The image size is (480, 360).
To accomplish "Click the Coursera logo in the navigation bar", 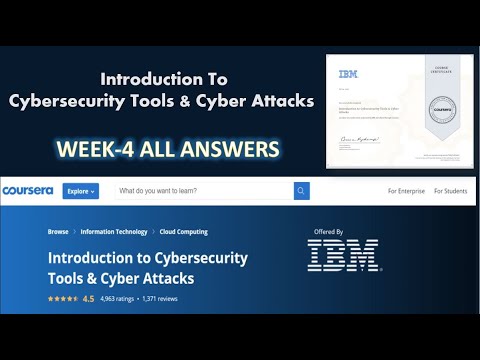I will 30,190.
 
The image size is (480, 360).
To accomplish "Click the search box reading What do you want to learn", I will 200,190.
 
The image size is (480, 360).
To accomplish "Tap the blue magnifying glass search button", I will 301,190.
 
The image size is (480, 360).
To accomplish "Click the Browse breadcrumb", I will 58,232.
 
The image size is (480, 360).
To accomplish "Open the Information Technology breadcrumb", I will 114,232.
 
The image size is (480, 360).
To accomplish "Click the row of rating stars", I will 62,298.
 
